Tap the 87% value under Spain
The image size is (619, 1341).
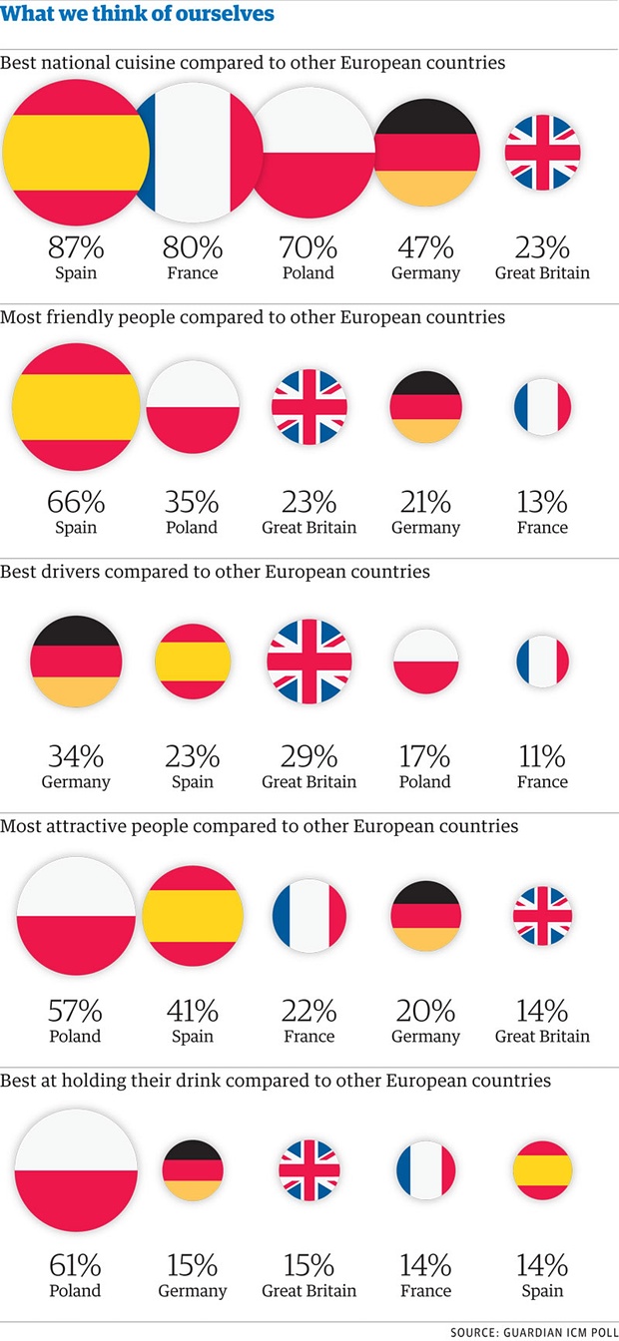tap(75, 246)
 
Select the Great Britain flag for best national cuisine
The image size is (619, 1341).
tap(542, 152)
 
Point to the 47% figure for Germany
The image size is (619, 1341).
tap(426, 246)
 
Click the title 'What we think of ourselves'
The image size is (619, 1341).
tap(138, 15)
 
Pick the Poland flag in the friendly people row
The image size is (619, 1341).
tap(193, 407)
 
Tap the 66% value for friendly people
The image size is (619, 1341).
tap(75, 501)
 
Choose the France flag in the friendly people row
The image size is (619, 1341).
tap(542, 407)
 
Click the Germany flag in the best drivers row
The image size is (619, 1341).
tap(76, 662)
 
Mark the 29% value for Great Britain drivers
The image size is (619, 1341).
tap(309, 755)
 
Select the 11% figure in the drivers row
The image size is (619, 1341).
tap(542, 755)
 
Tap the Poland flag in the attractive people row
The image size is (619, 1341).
tap(76, 916)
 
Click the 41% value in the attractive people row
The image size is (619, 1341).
tap(193, 1010)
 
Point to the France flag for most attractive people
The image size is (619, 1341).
tap(309, 916)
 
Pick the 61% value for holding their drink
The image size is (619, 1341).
tap(76, 1265)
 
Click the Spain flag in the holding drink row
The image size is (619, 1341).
tap(542, 1170)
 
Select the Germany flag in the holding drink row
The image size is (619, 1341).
tap(193, 1170)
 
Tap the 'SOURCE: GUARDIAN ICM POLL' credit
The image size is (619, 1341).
tap(533, 1332)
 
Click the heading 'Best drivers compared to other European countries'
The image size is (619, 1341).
tap(216, 572)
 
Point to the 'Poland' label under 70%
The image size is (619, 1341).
tap(309, 272)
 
